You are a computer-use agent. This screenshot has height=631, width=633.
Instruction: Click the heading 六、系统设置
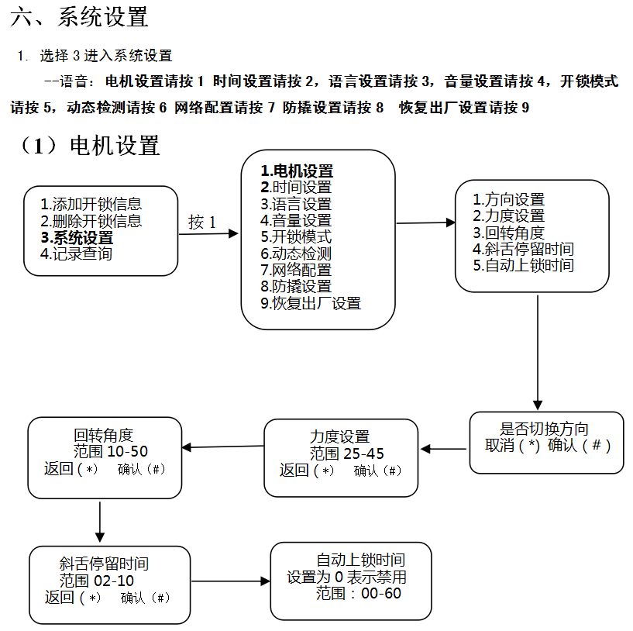pos(80,17)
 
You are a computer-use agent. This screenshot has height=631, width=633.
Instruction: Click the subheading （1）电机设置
pos(91,146)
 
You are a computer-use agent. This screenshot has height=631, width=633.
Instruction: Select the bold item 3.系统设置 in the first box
pos(77,238)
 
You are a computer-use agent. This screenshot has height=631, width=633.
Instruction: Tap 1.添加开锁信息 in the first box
pos(91,205)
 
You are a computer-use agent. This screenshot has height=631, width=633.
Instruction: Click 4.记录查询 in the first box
pos(76,253)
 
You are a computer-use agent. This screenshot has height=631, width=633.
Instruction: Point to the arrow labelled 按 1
pos(208,233)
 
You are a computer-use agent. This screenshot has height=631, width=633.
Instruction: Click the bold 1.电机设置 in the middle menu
pos(297,171)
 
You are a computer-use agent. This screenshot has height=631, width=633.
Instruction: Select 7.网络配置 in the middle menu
pos(296,270)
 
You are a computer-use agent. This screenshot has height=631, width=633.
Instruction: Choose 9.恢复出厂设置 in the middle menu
pos(311,303)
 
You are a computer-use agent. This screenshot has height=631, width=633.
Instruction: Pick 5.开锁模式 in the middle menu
pos(296,237)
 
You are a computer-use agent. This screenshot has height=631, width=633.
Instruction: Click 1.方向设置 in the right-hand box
pos(509,200)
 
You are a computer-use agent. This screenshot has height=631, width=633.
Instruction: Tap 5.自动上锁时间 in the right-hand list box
pos(524,266)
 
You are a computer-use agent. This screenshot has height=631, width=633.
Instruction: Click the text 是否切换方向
pos(545,429)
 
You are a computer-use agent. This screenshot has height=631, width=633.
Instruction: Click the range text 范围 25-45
pos(347,453)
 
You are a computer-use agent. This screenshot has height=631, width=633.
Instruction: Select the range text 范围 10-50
pos(111,451)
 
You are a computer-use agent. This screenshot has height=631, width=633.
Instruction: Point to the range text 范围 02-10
pos(97,581)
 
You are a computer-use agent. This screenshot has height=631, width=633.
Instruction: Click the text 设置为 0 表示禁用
pos(346,578)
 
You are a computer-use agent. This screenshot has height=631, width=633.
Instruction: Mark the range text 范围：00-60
pos(359,594)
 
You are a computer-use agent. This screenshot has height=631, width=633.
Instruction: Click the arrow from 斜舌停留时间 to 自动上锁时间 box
pos(229,581)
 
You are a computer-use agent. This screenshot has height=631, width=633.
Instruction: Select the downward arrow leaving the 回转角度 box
pos(100,520)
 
